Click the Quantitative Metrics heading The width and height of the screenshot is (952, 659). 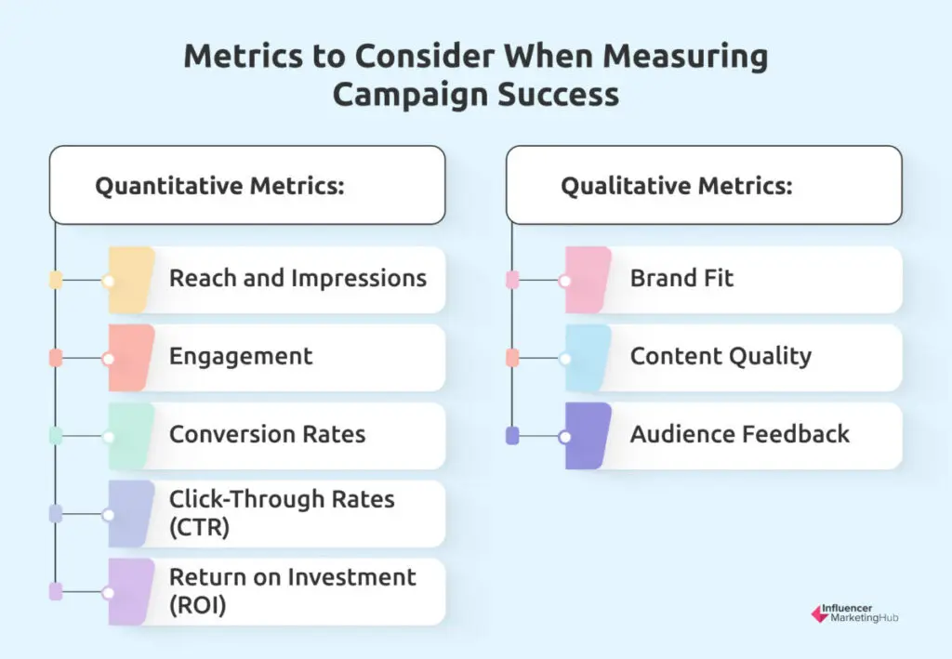[220, 186]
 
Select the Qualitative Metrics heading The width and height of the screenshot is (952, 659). [676, 186]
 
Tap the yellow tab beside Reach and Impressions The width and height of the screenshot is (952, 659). [130, 280]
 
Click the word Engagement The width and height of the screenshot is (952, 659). [241, 356]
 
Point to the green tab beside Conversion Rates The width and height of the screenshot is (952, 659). [130, 436]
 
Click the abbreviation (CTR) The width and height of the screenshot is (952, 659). [200, 527]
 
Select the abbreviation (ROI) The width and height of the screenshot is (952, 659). [199, 605]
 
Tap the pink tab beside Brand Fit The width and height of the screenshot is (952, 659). [588, 280]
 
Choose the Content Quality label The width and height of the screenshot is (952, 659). [721, 356]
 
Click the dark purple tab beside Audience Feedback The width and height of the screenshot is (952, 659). [588, 436]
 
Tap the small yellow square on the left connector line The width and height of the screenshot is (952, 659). [56, 280]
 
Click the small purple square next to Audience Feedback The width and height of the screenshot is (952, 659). [512, 436]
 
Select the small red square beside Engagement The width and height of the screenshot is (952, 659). [56, 358]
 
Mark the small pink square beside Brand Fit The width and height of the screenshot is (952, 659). [512, 280]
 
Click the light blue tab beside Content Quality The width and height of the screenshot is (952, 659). [588, 358]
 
